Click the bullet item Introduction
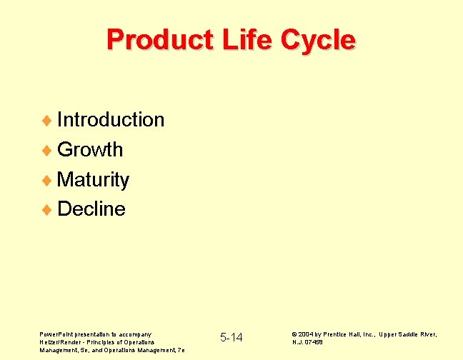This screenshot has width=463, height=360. pyautogui.click(x=111, y=119)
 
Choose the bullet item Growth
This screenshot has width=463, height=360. pyautogui.click(x=90, y=150)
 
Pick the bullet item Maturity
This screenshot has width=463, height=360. pyautogui.click(x=93, y=179)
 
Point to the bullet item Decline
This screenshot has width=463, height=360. pyautogui.click(x=91, y=209)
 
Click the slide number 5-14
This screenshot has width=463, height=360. pyautogui.click(x=231, y=337)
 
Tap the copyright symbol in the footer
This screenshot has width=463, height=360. pyautogui.click(x=295, y=334)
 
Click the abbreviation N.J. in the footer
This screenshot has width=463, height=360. pyautogui.click(x=298, y=342)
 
